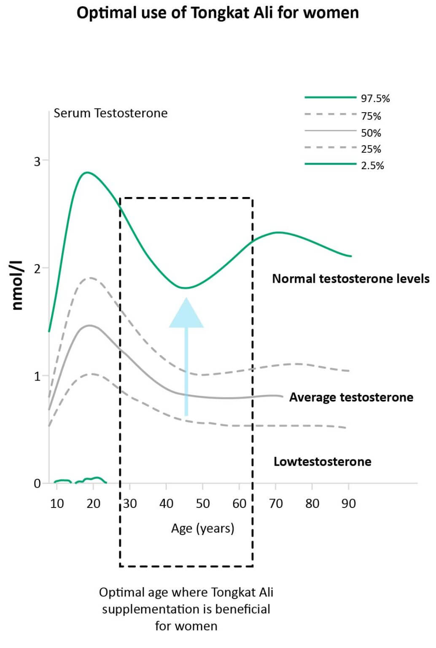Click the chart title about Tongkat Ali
(218, 13)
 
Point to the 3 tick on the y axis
(38, 161)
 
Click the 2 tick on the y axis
(38, 268)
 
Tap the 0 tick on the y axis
(38, 483)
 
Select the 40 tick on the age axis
(166, 503)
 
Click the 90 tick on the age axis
(348, 503)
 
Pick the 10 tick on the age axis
(57, 503)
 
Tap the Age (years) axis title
(202, 528)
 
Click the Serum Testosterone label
(110, 113)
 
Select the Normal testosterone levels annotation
(350, 278)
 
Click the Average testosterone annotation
(351, 397)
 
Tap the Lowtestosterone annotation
(322, 461)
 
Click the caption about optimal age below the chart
(186, 609)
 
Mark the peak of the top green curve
(87, 172)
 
